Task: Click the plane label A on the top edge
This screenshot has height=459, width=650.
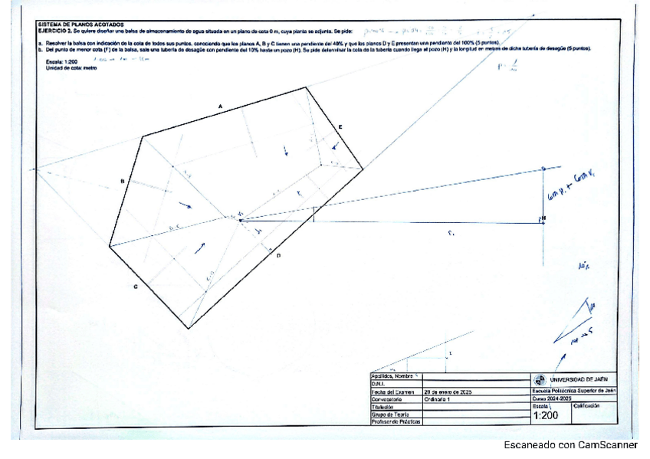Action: (x=220, y=104)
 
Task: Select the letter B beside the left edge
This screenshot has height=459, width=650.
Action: (x=122, y=181)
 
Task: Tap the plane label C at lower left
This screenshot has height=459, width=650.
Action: (x=136, y=287)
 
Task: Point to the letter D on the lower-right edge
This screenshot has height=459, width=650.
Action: (x=278, y=256)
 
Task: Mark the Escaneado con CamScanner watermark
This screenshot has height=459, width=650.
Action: (x=570, y=445)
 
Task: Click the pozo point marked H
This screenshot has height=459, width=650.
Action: (x=543, y=220)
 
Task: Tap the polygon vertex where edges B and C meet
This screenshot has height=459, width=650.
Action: (x=110, y=247)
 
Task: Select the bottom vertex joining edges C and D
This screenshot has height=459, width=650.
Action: (x=189, y=329)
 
